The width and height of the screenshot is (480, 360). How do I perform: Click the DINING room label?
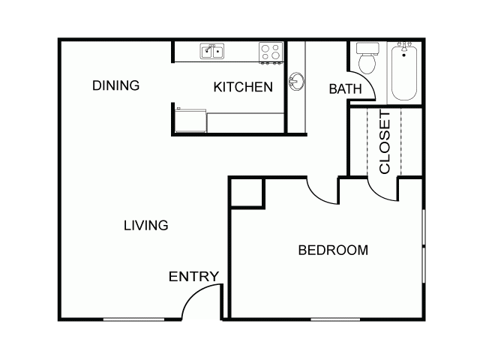coord(115,85)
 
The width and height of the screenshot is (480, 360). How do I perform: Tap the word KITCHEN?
coord(243,87)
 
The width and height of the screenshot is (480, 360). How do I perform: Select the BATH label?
coord(345,89)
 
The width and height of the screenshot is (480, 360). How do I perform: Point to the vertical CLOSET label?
coord(385,142)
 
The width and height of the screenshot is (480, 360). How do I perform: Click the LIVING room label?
coord(146,226)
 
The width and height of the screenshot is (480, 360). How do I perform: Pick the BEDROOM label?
coord(333,250)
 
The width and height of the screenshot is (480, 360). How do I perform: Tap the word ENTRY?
coord(193,277)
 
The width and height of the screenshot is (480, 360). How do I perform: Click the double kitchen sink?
coord(211,51)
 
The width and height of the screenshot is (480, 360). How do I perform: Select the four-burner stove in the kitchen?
coord(271,52)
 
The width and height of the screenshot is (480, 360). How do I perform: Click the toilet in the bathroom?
coord(367,58)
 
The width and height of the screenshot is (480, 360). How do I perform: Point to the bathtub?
coord(404,72)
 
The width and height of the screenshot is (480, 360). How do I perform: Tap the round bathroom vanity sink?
coord(296,82)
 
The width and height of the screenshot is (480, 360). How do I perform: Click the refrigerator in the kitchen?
coord(190,120)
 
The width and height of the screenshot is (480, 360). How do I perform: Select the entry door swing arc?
coord(193,294)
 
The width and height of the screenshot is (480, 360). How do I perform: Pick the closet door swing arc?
coord(378,194)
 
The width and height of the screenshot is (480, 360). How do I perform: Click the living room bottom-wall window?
coord(133,319)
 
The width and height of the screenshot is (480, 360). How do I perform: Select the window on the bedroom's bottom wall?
coord(335,319)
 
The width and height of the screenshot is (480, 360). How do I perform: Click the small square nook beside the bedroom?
coord(247,193)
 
